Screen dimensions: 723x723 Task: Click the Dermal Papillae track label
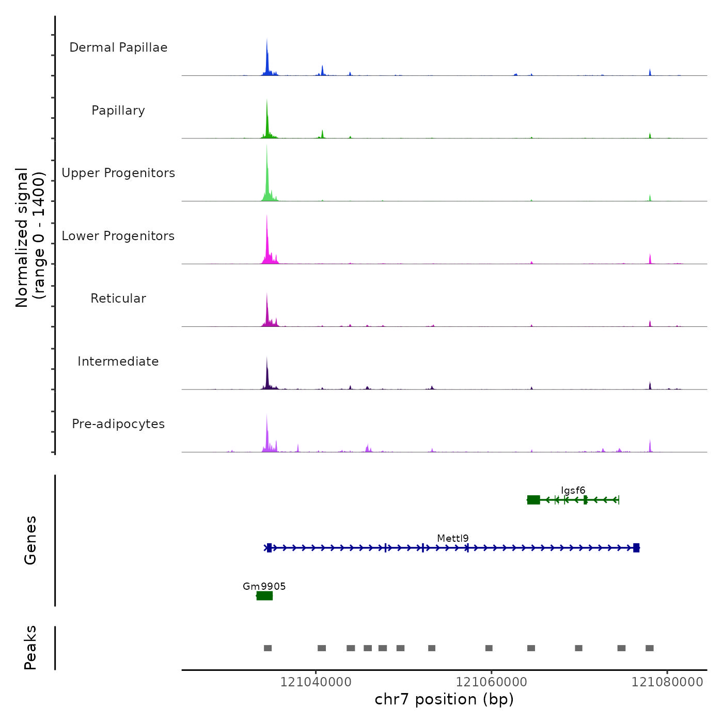118,48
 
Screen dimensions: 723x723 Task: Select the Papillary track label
118,111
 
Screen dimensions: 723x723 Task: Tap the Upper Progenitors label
118,173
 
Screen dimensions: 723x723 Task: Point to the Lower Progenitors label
118,236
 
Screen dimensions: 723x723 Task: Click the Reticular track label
118,298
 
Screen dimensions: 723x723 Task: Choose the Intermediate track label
118,361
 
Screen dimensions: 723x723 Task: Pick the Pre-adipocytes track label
118,424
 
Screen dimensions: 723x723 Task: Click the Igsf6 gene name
573,491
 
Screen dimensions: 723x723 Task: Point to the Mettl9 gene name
453,539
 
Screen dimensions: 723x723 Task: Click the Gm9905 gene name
264,586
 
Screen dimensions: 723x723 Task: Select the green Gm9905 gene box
264,596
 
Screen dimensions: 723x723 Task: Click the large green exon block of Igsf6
533,500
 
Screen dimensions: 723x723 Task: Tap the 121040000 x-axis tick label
316,682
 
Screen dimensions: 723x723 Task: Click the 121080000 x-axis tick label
667,682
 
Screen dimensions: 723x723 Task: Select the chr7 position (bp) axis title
444,700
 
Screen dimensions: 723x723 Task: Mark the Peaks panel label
30,648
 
